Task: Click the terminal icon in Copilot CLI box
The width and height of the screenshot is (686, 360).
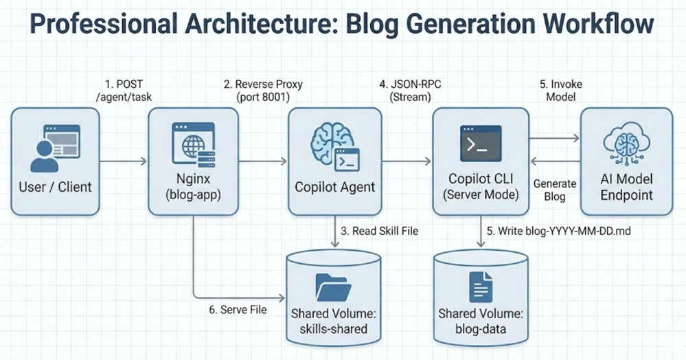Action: pyautogui.click(x=481, y=143)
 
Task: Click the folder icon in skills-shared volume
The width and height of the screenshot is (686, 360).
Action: pyautogui.click(x=333, y=287)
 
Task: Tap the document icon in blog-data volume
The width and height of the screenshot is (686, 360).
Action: pyautogui.click(x=481, y=287)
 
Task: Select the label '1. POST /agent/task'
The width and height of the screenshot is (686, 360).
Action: pyautogui.click(x=124, y=91)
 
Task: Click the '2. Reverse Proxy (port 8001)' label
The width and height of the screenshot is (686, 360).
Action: pyautogui.click(x=263, y=91)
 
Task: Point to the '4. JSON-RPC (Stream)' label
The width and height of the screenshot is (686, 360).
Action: pyautogui.click(x=410, y=91)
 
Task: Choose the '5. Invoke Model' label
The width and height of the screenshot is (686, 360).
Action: pyautogui.click(x=560, y=91)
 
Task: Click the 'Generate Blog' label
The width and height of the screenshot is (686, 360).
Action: pyautogui.click(x=554, y=190)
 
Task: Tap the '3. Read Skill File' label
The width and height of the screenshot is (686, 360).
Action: pyautogui.click(x=379, y=231)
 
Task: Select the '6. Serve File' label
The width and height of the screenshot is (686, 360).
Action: pyautogui.click(x=238, y=310)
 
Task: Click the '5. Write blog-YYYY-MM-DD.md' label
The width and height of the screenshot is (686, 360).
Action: pyautogui.click(x=559, y=231)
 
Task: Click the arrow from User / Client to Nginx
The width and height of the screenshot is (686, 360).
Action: pyautogui.click(x=124, y=161)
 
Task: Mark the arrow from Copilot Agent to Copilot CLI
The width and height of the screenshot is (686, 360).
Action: pyautogui.click(x=407, y=161)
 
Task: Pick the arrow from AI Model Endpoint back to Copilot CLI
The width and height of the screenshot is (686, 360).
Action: pyautogui.click(x=556, y=161)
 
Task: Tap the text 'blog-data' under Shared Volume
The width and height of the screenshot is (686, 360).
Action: pyautogui.click(x=481, y=329)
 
